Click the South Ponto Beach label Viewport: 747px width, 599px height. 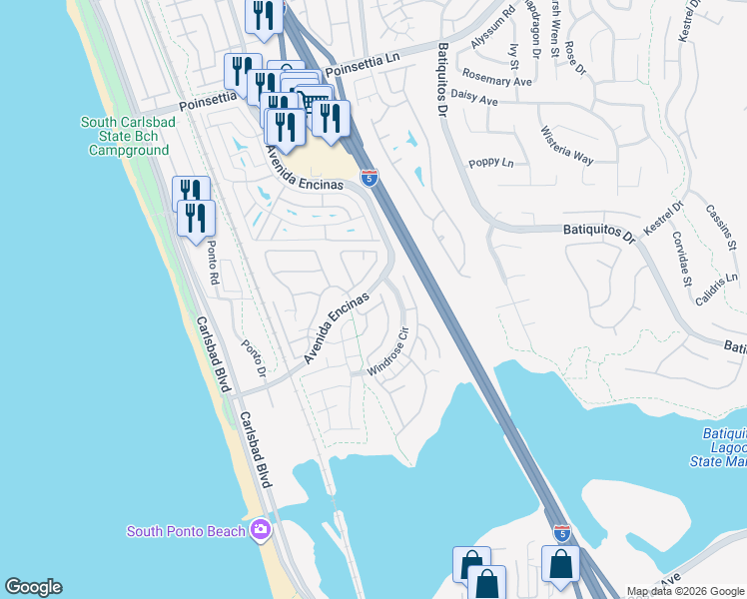[186, 531]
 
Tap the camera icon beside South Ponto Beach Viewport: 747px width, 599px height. [261, 529]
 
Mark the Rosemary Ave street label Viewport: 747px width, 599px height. [495, 79]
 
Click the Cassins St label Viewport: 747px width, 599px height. [720, 228]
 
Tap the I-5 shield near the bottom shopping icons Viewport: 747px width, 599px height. [562, 533]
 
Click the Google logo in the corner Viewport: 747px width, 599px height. [33, 587]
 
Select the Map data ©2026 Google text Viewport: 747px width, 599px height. [685, 591]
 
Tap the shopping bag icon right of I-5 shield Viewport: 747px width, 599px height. [560, 563]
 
